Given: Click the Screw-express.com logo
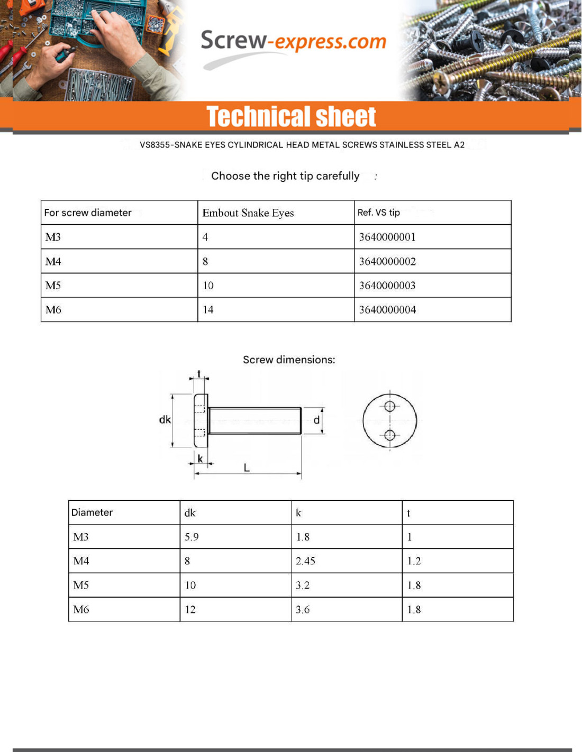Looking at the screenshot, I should [293, 42].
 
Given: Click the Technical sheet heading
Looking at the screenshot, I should [291, 116].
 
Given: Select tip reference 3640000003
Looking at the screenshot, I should [387, 286].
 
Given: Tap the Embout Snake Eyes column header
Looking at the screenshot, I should [248, 213].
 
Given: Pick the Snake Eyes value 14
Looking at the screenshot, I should [208, 310].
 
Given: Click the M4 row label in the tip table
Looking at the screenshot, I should [53, 261].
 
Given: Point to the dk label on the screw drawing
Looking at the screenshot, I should [165, 419].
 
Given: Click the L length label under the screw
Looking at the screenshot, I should [247, 467].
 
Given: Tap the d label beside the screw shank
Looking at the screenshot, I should [316, 420].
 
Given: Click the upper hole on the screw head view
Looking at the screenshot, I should [390, 406].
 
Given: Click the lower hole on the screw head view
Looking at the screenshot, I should [390, 435].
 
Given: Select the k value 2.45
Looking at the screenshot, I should [305, 561].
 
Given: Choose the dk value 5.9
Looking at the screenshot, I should [192, 537].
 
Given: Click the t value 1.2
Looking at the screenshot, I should [414, 561].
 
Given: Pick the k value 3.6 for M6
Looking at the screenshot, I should [303, 610].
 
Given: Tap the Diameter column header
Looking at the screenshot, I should [92, 512].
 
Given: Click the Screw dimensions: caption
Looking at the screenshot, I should [289, 360].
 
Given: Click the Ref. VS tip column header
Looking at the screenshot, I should [378, 213].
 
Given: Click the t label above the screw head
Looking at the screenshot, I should [199, 374].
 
